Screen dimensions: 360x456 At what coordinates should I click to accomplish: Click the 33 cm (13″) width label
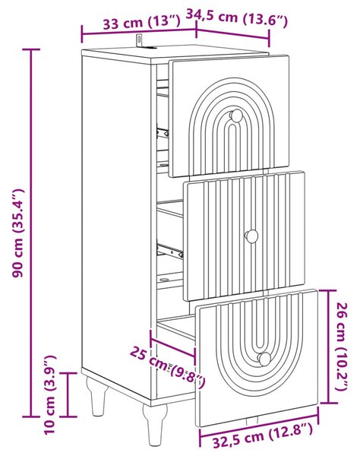(x=141, y=22)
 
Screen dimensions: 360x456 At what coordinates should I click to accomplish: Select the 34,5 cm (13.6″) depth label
(x=236, y=18)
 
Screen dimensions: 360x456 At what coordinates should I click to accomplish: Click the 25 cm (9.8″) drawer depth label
(x=168, y=366)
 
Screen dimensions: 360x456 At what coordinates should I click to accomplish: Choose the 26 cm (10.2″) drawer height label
(x=343, y=346)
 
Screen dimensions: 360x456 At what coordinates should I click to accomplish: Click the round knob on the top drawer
(x=236, y=116)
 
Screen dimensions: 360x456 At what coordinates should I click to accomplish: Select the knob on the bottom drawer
(x=265, y=359)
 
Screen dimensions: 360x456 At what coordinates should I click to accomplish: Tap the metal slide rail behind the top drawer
(x=163, y=133)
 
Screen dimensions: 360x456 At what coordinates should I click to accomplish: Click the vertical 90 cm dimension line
(x=31, y=233)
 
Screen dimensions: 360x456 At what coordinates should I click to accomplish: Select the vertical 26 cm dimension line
(x=329, y=347)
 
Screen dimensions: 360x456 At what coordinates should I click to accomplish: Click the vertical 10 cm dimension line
(x=68, y=394)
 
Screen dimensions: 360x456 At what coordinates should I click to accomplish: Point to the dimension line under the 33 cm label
(x=139, y=32)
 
